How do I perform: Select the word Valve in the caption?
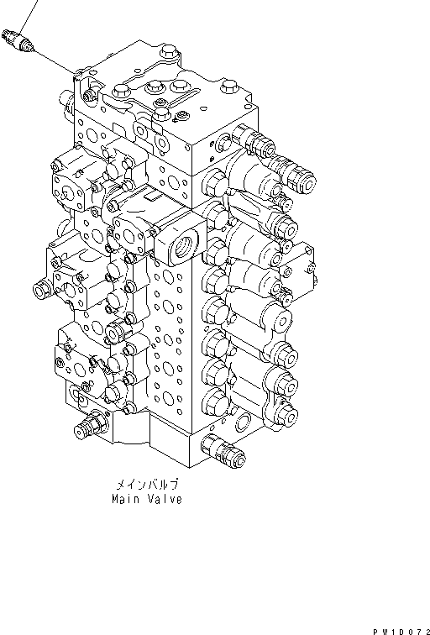pyautogui.click(x=165, y=499)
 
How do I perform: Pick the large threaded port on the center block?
pyautogui.click(x=181, y=244)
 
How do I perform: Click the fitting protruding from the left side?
pyautogui.click(x=39, y=292)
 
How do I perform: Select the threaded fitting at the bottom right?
pyautogui.click(x=231, y=454)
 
